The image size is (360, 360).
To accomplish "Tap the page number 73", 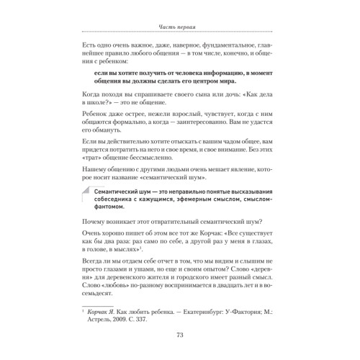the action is click(x=180, y=333).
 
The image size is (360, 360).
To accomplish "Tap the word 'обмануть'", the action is click(x=113, y=140).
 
